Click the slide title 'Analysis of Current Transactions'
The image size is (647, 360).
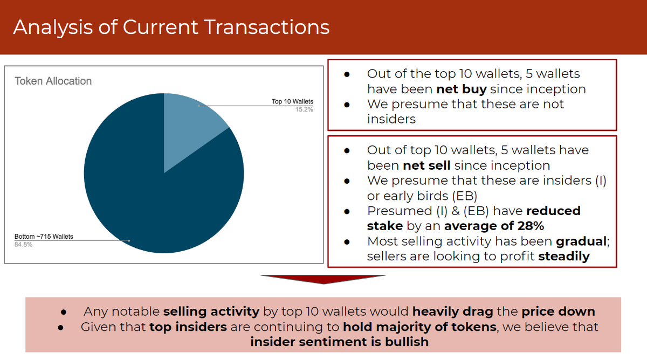[x=171, y=27]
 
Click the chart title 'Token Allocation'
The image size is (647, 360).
[x=53, y=81]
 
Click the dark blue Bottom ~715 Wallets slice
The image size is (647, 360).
[x=151, y=199]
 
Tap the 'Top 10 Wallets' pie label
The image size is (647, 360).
[x=292, y=101]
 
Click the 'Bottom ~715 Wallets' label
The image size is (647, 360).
[x=44, y=237]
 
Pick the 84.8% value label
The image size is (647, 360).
[x=23, y=244]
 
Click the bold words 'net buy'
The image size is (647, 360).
[x=461, y=89]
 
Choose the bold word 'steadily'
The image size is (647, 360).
[x=563, y=256]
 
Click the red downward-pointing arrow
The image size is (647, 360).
[x=323, y=279]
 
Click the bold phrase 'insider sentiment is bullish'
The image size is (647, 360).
[x=339, y=342]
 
